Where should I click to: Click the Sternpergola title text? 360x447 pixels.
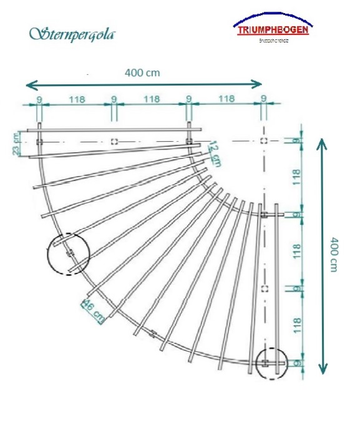pyautogui.click(x=71, y=33)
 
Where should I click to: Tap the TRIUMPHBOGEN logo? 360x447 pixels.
pyautogui.click(x=273, y=29)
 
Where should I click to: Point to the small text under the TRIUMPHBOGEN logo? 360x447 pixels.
pyautogui.click(x=273, y=42)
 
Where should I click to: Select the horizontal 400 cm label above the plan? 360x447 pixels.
pyautogui.click(x=142, y=72)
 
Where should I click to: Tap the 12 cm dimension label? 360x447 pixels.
pyautogui.click(x=213, y=152)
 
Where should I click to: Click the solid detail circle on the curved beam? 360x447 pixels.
pyautogui.click(x=69, y=253)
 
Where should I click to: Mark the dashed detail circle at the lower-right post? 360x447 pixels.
pyautogui.click(x=272, y=363)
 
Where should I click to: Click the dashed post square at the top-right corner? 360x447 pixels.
pyautogui.click(x=263, y=141)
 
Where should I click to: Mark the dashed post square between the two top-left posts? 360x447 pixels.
pyautogui.click(x=114, y=141)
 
